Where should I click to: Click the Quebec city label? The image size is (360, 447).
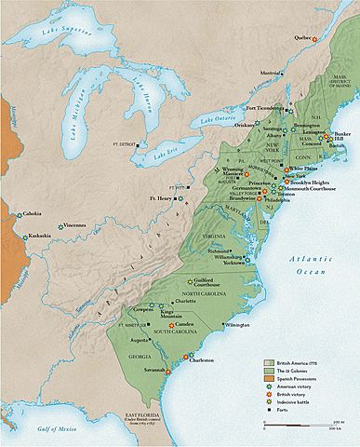coord(300,37)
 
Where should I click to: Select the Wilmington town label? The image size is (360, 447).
coord(236,325)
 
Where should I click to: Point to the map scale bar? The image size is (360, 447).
coord(298,426)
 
